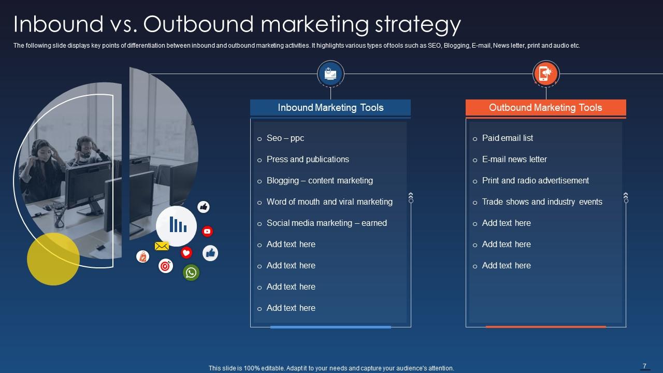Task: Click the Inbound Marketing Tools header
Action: pos(330,108)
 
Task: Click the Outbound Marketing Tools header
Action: pos(545,108)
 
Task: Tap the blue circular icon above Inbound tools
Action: pos(330,74)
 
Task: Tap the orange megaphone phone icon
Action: pos(546,74)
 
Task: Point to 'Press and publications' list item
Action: pos(308,160)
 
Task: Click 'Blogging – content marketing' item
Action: pos(320,181)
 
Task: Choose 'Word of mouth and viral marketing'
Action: pos(329,202)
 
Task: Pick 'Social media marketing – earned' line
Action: pos(326,223)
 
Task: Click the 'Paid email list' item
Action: pos(507,138)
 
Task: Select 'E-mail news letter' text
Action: pos(514,160)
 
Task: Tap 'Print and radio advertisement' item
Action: pos(536,181)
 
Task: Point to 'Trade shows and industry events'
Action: pos(542,202)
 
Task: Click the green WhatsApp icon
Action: pos(191,272)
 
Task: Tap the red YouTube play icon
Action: pos(207,232)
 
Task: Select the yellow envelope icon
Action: pos(162,246)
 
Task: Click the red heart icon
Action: pos(186,253)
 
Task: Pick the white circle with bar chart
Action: pos(177,226)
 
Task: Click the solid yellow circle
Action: pos(53,259)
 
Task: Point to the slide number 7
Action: pos(645,366)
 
